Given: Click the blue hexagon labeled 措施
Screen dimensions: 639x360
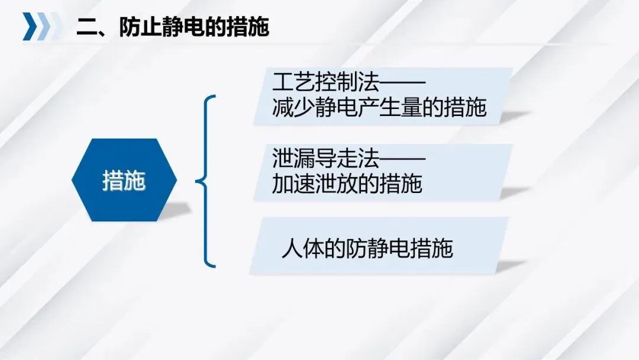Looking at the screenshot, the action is click(124, 180).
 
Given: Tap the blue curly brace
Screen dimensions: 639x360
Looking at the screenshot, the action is click(204, 181).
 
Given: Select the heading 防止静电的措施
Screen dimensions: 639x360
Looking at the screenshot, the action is click(194, 27).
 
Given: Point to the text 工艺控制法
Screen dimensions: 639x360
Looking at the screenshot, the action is click(325, 82).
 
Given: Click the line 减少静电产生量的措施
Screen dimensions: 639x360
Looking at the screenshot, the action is click(379, 107).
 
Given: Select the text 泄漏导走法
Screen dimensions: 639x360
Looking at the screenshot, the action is click(325, 158).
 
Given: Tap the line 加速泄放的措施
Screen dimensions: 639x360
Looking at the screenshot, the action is click(347, 184).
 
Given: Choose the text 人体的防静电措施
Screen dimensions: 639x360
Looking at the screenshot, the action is click(367, 248).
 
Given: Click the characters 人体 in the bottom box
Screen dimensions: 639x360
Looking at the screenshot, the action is click(303, 248).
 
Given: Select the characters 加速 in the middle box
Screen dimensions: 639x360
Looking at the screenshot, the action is click(293, 184).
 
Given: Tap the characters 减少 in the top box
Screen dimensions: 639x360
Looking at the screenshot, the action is click(293, 107).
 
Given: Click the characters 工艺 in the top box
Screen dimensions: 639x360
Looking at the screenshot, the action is click(293, 82).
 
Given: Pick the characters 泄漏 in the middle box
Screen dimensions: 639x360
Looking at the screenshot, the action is click(293, 158).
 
